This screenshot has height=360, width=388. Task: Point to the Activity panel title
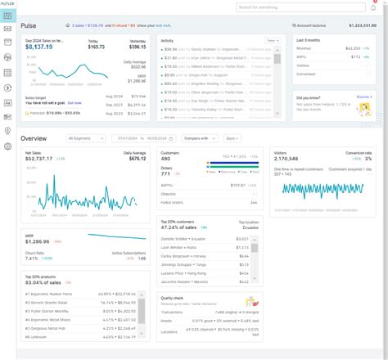167,40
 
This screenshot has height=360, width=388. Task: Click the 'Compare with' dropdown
197,138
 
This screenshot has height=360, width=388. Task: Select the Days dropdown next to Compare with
232,138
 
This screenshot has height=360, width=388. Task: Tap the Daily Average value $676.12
134,159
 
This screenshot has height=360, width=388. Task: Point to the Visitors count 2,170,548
290,159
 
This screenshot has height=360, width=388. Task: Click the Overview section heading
34,138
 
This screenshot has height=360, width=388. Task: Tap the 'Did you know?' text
309,97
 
